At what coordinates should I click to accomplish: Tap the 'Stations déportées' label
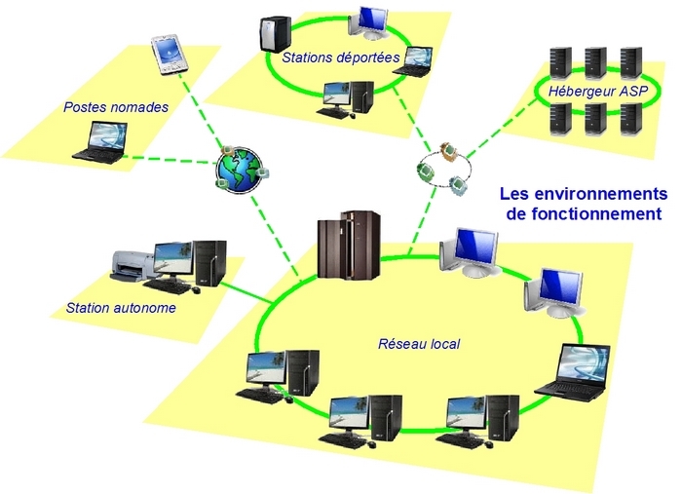tap(340, 57)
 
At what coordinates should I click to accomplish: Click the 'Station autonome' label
tap(121, 308)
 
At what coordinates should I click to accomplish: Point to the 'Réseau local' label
tap(418, 344)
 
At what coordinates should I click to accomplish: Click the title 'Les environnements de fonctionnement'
tap(582, 204)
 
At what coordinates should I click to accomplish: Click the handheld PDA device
tap(168, 53)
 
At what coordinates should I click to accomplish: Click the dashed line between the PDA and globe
tap(199, 107)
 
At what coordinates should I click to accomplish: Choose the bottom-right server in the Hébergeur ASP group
tap(630, 119)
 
